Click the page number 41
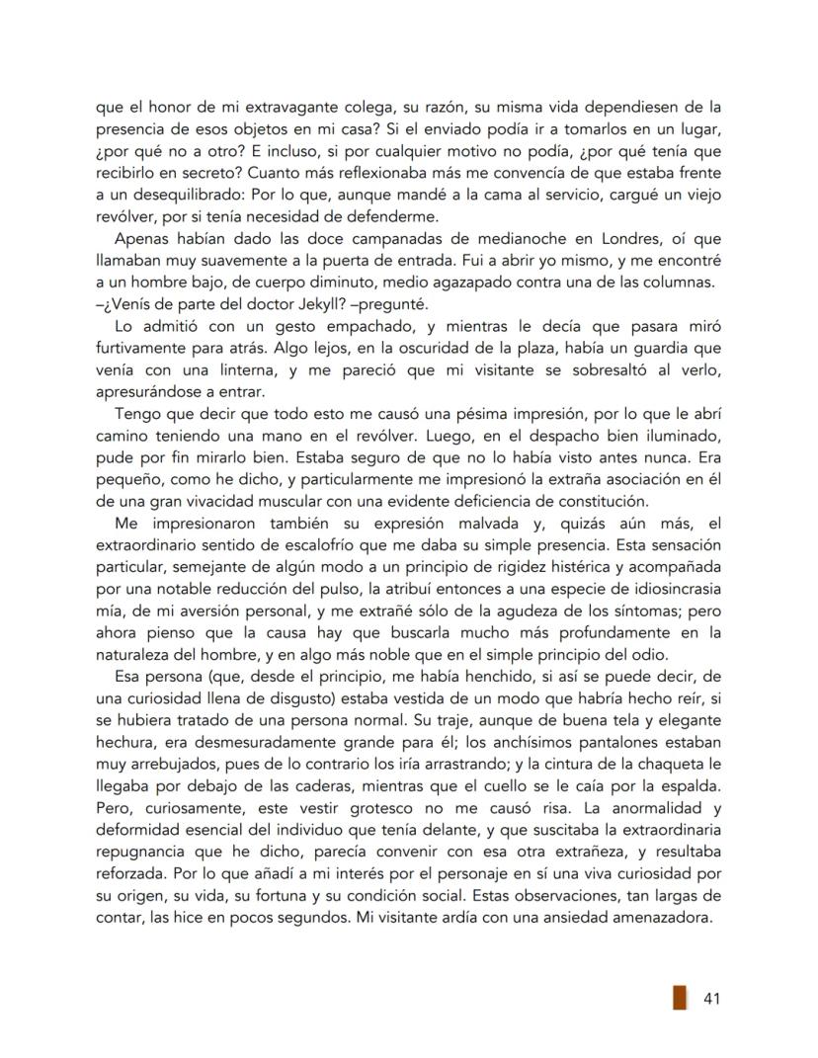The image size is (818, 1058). coord(710,999)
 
